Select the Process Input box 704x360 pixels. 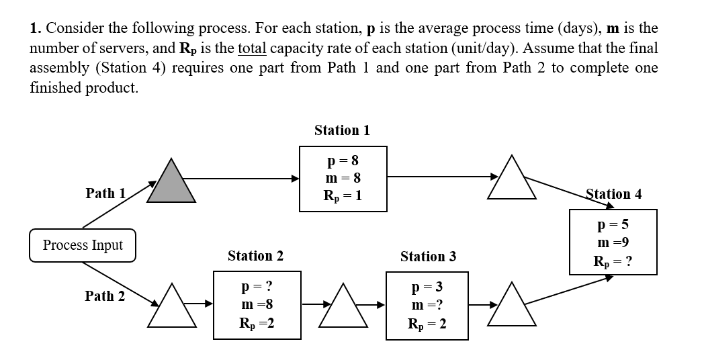pyautogui.click(x=83, y=245)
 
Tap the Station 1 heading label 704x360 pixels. pyautogui.click(x=342, y=130)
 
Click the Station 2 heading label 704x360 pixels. pyautogui.click(x=255, y=256)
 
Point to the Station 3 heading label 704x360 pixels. pyautogui.click(x=428, y=256)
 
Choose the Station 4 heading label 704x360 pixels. pyautogui.click(x=613, y=194)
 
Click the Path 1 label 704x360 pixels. pyautogui.click(x=105, y=193)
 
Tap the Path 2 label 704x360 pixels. pyautogui.click(x=105, y=296)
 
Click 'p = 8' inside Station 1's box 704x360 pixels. pyautogui.click(x=343, y=161)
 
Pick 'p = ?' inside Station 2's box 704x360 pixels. pyautogui.click(x=255, y=287)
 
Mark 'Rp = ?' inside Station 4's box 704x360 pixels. pyautogui.click(x=613, y=261)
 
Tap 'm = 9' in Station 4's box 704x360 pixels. pyautogui.click(x=613, y=242)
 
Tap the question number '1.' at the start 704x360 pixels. pyautogui.click(x=36, y=29)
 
